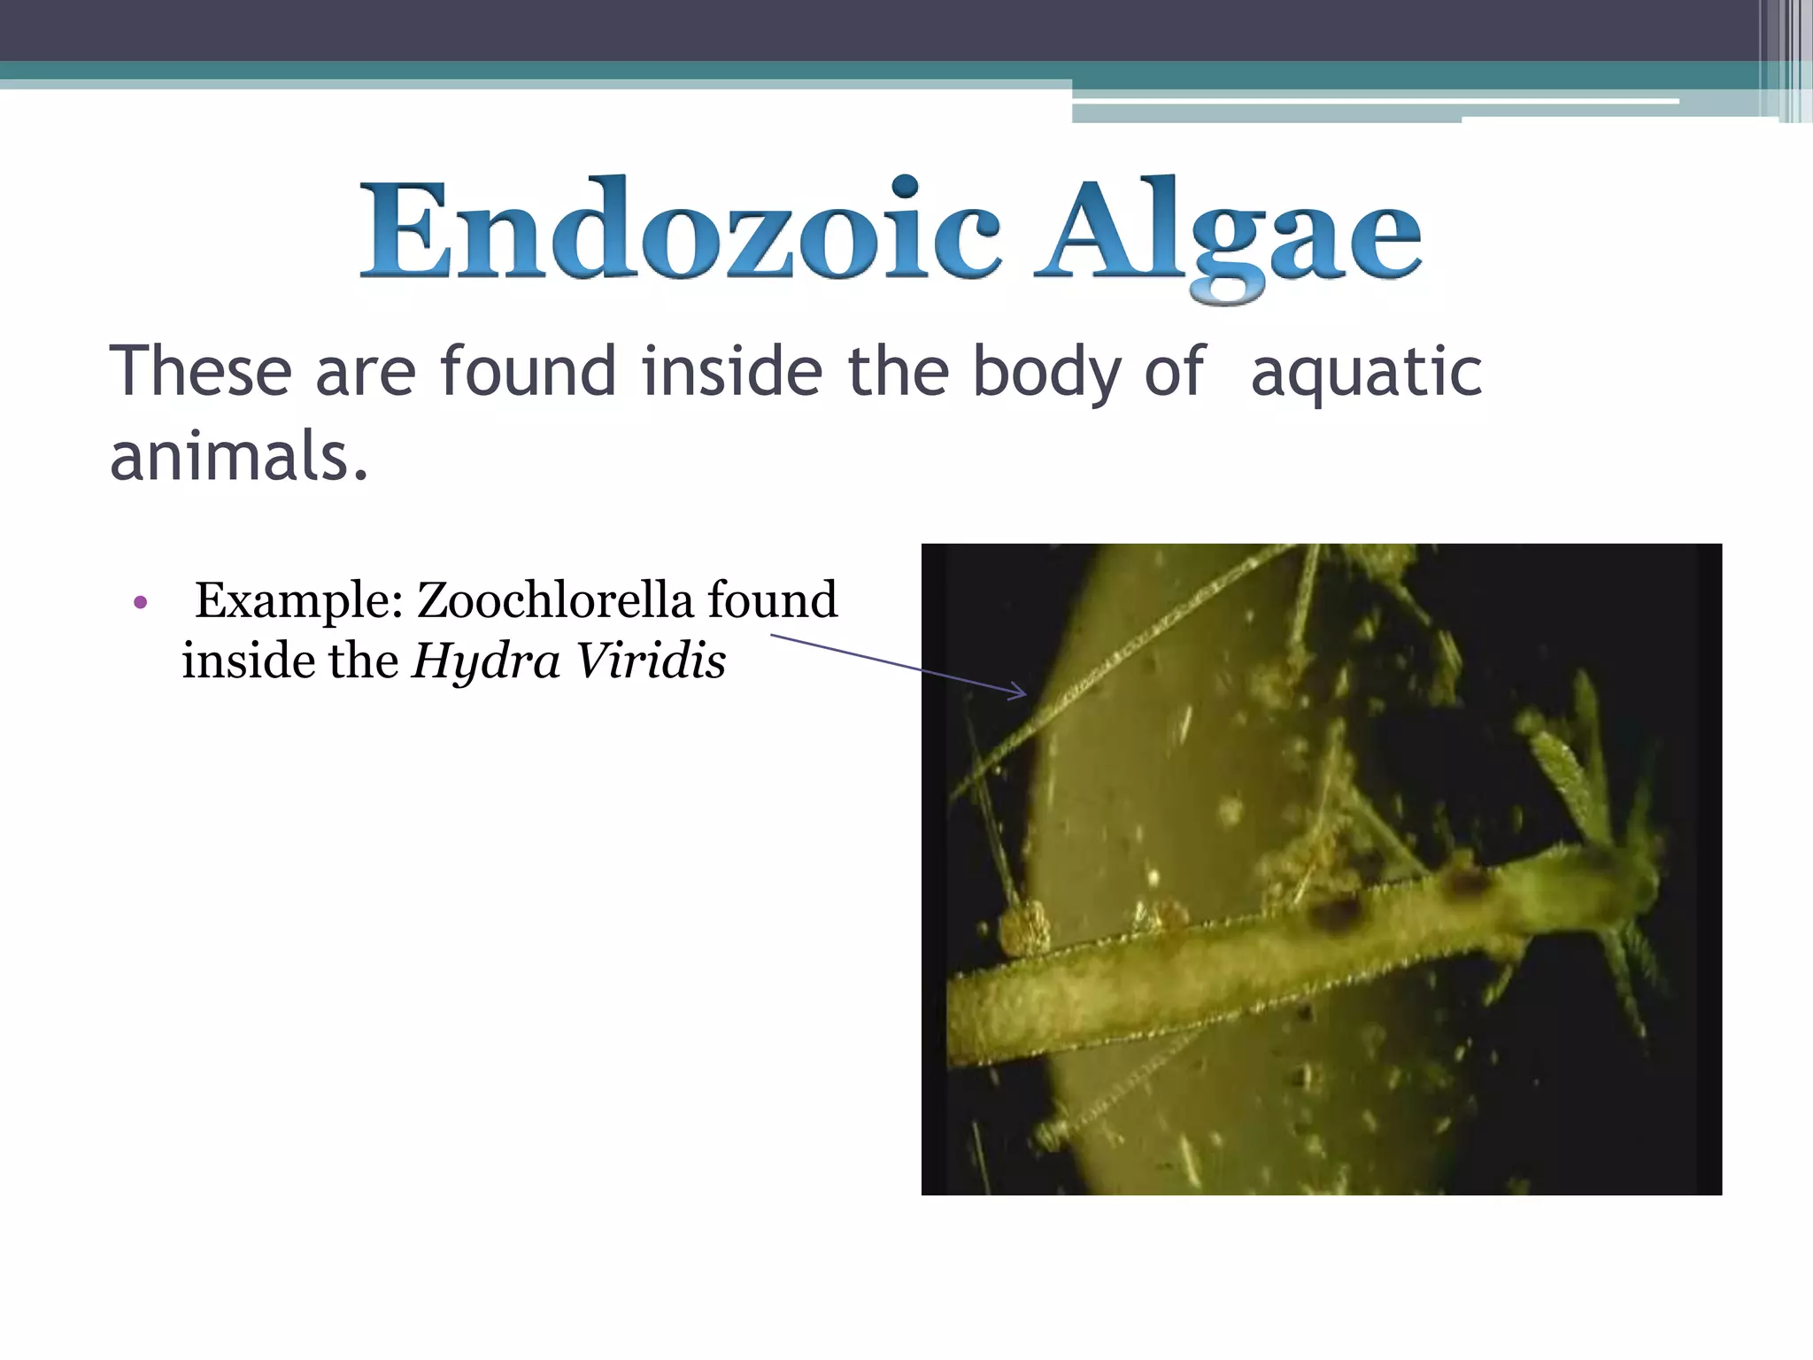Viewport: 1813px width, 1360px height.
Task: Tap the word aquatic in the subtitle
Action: (x=1366, y=372)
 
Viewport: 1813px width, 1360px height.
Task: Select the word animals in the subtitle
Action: (x=237, y=457)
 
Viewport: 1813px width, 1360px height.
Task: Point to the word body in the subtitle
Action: (x=1047, y=372)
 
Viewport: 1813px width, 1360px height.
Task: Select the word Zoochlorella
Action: (x=555, y=600)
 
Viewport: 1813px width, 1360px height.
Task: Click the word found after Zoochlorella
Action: (x=772, y=600)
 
